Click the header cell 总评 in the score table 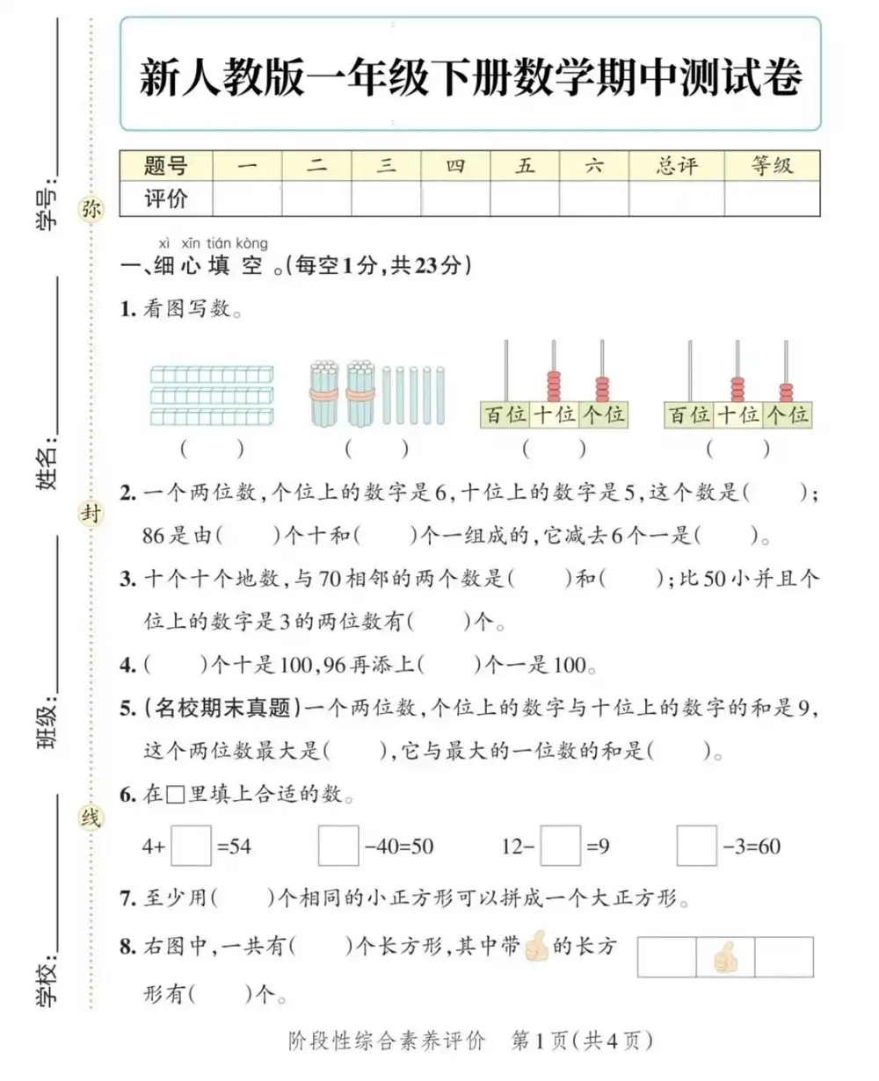pos(676,165)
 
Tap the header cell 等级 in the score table pos(772,165)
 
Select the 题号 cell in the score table pos(166,165)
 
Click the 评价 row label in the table pos(166,198)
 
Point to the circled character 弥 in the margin pos(91,209)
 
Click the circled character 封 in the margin pos(91,514)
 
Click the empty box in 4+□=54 pos(191,847)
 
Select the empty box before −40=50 pos(338,847)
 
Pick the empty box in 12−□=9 pos(561,847)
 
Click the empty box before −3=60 pos(697,847)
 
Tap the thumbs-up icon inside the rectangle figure pos(725,957)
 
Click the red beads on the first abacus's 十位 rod pos(554,386)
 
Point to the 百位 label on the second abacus pos(690,414)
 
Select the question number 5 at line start pos(127,706)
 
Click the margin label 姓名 pos(48,465)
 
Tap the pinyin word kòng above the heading pos(251,243)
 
